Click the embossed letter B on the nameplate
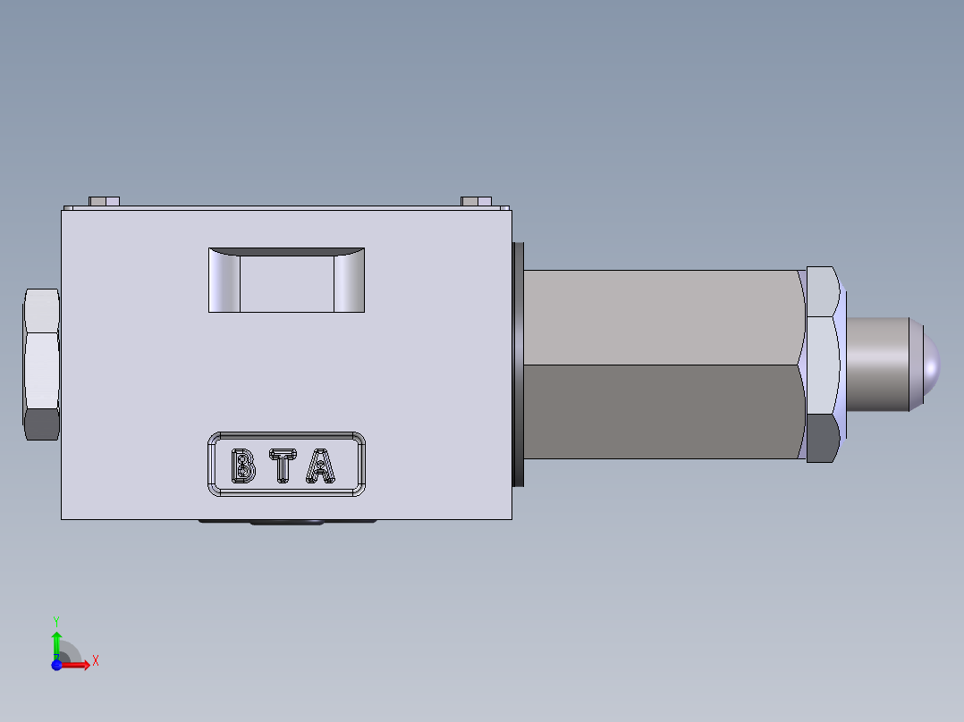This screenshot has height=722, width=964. [242, 466]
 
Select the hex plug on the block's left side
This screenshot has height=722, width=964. [42, 365]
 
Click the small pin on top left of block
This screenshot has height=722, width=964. [105, 201]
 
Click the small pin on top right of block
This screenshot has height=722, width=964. [476, 201]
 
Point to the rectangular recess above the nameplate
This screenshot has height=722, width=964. [286, 281]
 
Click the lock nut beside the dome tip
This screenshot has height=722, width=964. [823, 365]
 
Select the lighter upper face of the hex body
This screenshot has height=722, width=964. [662, 317]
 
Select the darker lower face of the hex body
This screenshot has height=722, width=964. [662, 411]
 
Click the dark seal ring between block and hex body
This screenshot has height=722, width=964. [517, 365]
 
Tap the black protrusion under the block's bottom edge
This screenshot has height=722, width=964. [286, 522]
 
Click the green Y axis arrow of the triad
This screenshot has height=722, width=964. [56, 642]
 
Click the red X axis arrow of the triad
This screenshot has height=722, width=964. [79, 664]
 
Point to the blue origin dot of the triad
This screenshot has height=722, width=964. [56, 664]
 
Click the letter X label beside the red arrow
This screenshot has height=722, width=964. [95, 660]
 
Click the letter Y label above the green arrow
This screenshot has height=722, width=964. [56, 620]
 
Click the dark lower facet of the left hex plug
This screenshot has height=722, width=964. [42, 424]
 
